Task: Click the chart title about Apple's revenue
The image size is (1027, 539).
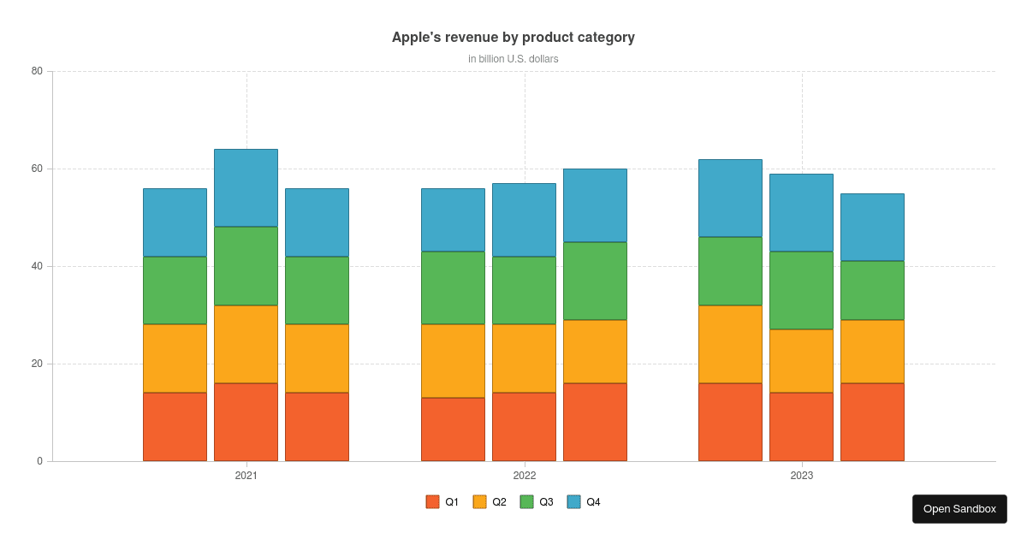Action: pos(513,38)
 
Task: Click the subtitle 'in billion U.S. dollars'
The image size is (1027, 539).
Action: pos(513,59)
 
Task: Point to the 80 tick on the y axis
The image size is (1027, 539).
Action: pos(37,71)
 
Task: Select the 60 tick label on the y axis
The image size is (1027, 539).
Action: pos(37,169)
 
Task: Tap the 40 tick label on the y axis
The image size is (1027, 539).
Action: pos(37,266)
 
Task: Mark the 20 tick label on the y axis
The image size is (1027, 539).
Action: pos(37,364)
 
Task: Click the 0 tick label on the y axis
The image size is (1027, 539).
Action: pos(39,461)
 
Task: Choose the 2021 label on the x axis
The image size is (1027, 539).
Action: pos(246,476)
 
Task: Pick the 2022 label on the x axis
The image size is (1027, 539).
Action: pos(525,476)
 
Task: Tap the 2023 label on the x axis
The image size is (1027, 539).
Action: pos(802,476)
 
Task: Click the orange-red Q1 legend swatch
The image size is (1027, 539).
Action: pos(433,502)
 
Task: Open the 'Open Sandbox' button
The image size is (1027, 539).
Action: pos(959,509)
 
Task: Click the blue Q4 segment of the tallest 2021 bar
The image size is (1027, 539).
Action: pos(246,188)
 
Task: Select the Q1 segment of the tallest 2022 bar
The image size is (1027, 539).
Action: pos(595,422)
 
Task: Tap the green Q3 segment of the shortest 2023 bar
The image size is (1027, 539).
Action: pos(872,290)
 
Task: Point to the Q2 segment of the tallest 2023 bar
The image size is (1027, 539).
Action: pos(730,344)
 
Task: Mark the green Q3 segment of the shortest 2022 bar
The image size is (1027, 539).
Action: pos(453,287)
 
